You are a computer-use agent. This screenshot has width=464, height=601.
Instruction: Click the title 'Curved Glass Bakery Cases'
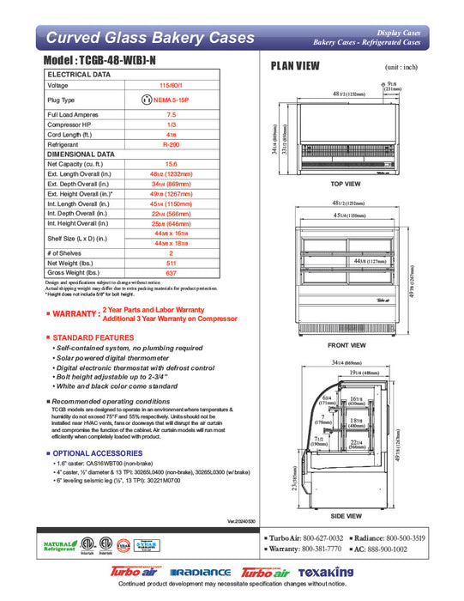click(x=149, y=38)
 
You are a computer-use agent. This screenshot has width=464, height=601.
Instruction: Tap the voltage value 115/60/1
click(x=171, y=86)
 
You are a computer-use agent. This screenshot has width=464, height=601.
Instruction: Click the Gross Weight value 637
click(x=171, y=274)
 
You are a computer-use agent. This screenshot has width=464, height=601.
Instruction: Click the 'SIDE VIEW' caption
click(x=348, y=518)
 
